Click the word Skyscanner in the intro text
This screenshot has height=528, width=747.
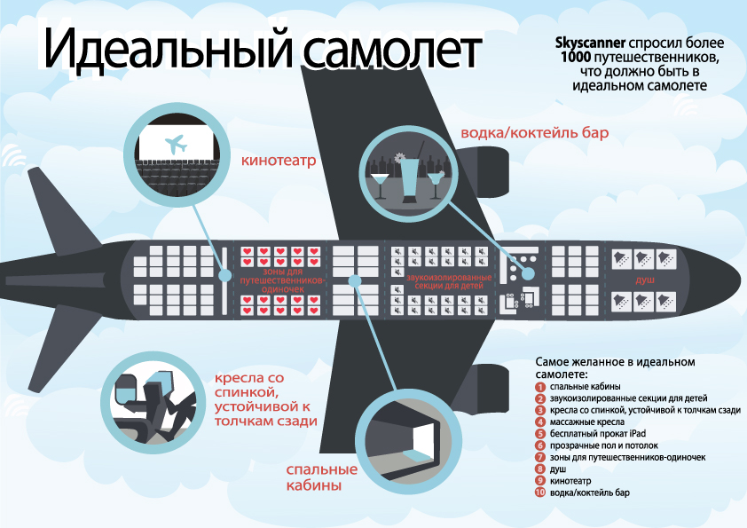pyautogui.click(x=590, y=43)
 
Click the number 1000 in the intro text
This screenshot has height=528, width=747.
pyautogui.click(x=576, y=57)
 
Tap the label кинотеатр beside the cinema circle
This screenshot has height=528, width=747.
pyautogui.click(x=279, y=160)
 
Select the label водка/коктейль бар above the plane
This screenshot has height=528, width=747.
pyautogui.click(x=535, y=132)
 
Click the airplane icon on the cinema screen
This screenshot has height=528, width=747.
pyautogui.click(x=176, y=145)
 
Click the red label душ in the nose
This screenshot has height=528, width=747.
pyautogui.click(x=645, y=280)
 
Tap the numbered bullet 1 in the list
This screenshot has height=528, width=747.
pyautogui.click(x=539, y=387)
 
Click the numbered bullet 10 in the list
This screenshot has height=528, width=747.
pyautogui.click(x=539, y=493)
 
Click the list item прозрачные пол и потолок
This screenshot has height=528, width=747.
pyautogui.click(x=603, y=445)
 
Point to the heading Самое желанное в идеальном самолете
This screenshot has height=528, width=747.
pyautogui.click(x=615, y=367)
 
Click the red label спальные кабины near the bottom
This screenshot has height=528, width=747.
pyautogui.click(x=321, y=477)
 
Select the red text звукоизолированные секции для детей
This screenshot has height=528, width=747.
pyautogui.click(x=449, y=281)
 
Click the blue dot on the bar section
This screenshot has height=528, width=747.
pyautogui.click(x=528, y=274)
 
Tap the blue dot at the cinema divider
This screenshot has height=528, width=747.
pyautogui.click(x=224, y=275)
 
